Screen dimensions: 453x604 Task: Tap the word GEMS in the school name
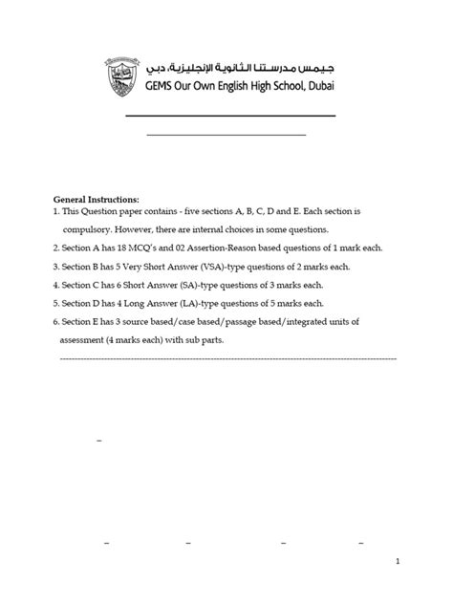pos(162,83)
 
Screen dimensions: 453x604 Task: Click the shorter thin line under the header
pos(226,134)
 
